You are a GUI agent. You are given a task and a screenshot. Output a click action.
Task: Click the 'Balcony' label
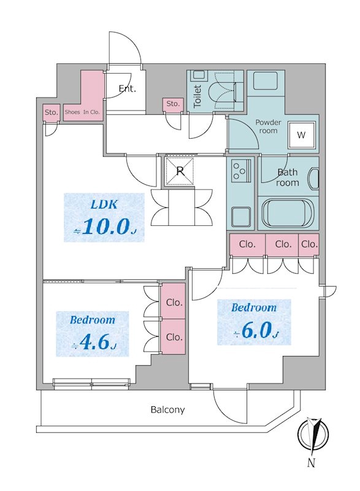167,409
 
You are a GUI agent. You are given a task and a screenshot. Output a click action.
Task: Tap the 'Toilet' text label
197,96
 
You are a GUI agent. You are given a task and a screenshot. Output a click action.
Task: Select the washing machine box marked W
301,134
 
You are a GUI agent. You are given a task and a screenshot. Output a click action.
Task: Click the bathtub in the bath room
288,214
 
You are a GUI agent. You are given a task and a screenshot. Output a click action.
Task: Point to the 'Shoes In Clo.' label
82,112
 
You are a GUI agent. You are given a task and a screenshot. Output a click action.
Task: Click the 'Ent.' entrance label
128,88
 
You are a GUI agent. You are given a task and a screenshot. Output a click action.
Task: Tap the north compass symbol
313,435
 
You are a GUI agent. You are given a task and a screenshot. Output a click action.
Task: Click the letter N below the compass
311,462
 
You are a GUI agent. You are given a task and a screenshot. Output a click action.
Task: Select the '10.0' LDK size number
105,227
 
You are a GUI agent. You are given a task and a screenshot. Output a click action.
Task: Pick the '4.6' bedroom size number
94,343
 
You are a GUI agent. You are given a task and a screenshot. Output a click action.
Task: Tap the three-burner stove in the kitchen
241,171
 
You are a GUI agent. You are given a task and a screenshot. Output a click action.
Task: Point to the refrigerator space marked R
180,171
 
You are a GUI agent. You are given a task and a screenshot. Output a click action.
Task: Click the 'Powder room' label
269,126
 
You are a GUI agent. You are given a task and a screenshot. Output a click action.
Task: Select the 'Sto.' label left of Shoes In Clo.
52,112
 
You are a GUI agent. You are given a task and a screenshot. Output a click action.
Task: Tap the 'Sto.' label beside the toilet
173,104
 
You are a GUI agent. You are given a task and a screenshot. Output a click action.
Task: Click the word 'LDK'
104,204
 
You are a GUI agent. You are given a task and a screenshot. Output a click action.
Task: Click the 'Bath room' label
288,177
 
